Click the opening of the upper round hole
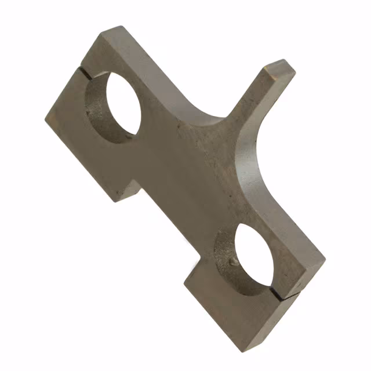(x=119, y=107)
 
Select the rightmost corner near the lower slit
(x=325, y=261)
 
